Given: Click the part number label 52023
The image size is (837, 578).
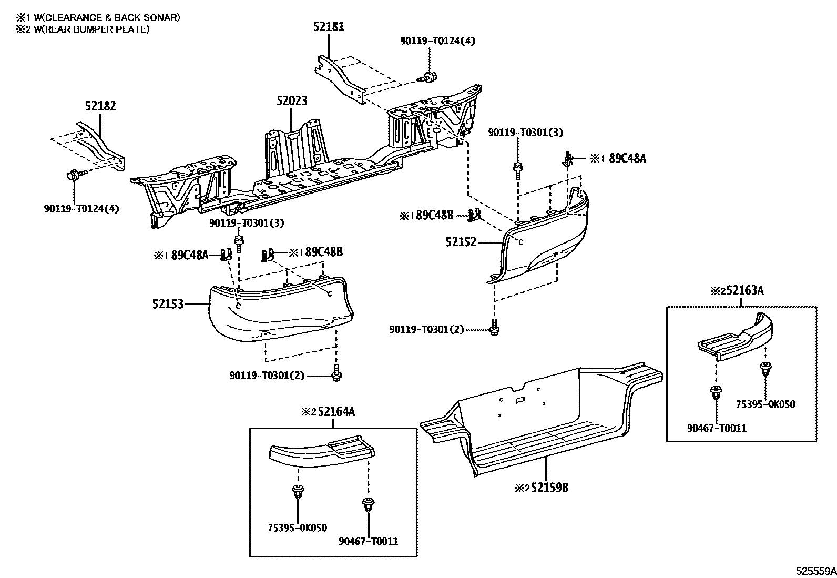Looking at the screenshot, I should click(x=292, y=100).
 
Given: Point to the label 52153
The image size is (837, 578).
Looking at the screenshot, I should click(x=168, y=303).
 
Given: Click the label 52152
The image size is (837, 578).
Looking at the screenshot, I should click(x=461, y=242).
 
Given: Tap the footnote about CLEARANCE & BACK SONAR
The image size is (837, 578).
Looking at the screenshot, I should click(x=98, y=17).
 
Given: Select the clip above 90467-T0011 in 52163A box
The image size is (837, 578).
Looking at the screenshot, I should click(x=715, y=392).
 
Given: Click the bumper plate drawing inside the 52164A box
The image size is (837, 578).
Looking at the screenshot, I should click(x=322, y=453).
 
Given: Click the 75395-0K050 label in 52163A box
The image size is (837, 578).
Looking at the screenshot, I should click(x=765, y=404).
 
